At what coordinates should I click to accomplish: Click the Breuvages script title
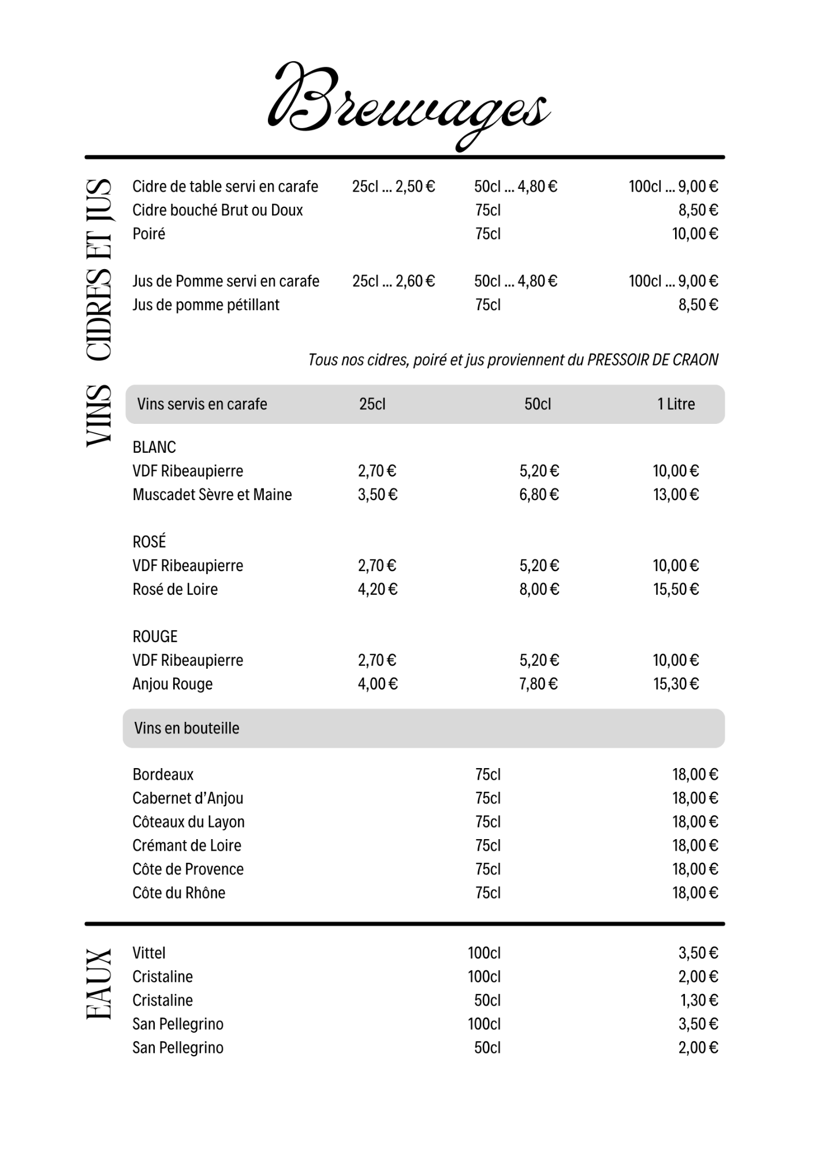[x=408, y=104]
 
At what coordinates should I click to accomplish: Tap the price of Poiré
[x=695, y=234]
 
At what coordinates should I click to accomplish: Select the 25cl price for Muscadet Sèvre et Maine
[x=378, y=495]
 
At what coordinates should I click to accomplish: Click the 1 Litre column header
[x=676, y=404]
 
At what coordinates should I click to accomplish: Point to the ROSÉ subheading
[x=149, y=542]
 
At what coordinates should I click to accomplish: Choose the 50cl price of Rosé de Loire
[x=539, y=590]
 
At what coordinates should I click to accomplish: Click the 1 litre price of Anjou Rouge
[x=676, y=684]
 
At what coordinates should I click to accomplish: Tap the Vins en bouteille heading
[x=187, y=728]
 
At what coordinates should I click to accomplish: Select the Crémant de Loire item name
[x=187, y=845]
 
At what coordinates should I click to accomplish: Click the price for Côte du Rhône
[x=695, y=893]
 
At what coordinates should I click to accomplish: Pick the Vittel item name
[x=149, y=953]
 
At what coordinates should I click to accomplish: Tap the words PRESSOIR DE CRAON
[x=653, y=360]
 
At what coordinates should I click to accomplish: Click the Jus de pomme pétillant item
[x=206, y=305]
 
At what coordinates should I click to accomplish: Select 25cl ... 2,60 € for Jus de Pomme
[x=393, y=281]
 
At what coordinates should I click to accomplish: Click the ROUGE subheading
[x=155, y=636]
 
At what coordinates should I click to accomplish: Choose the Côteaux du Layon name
[x=188, y=822]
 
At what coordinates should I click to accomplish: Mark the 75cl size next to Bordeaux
[x=488, y=774]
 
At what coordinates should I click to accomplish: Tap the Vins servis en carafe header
[x=202, y=404]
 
